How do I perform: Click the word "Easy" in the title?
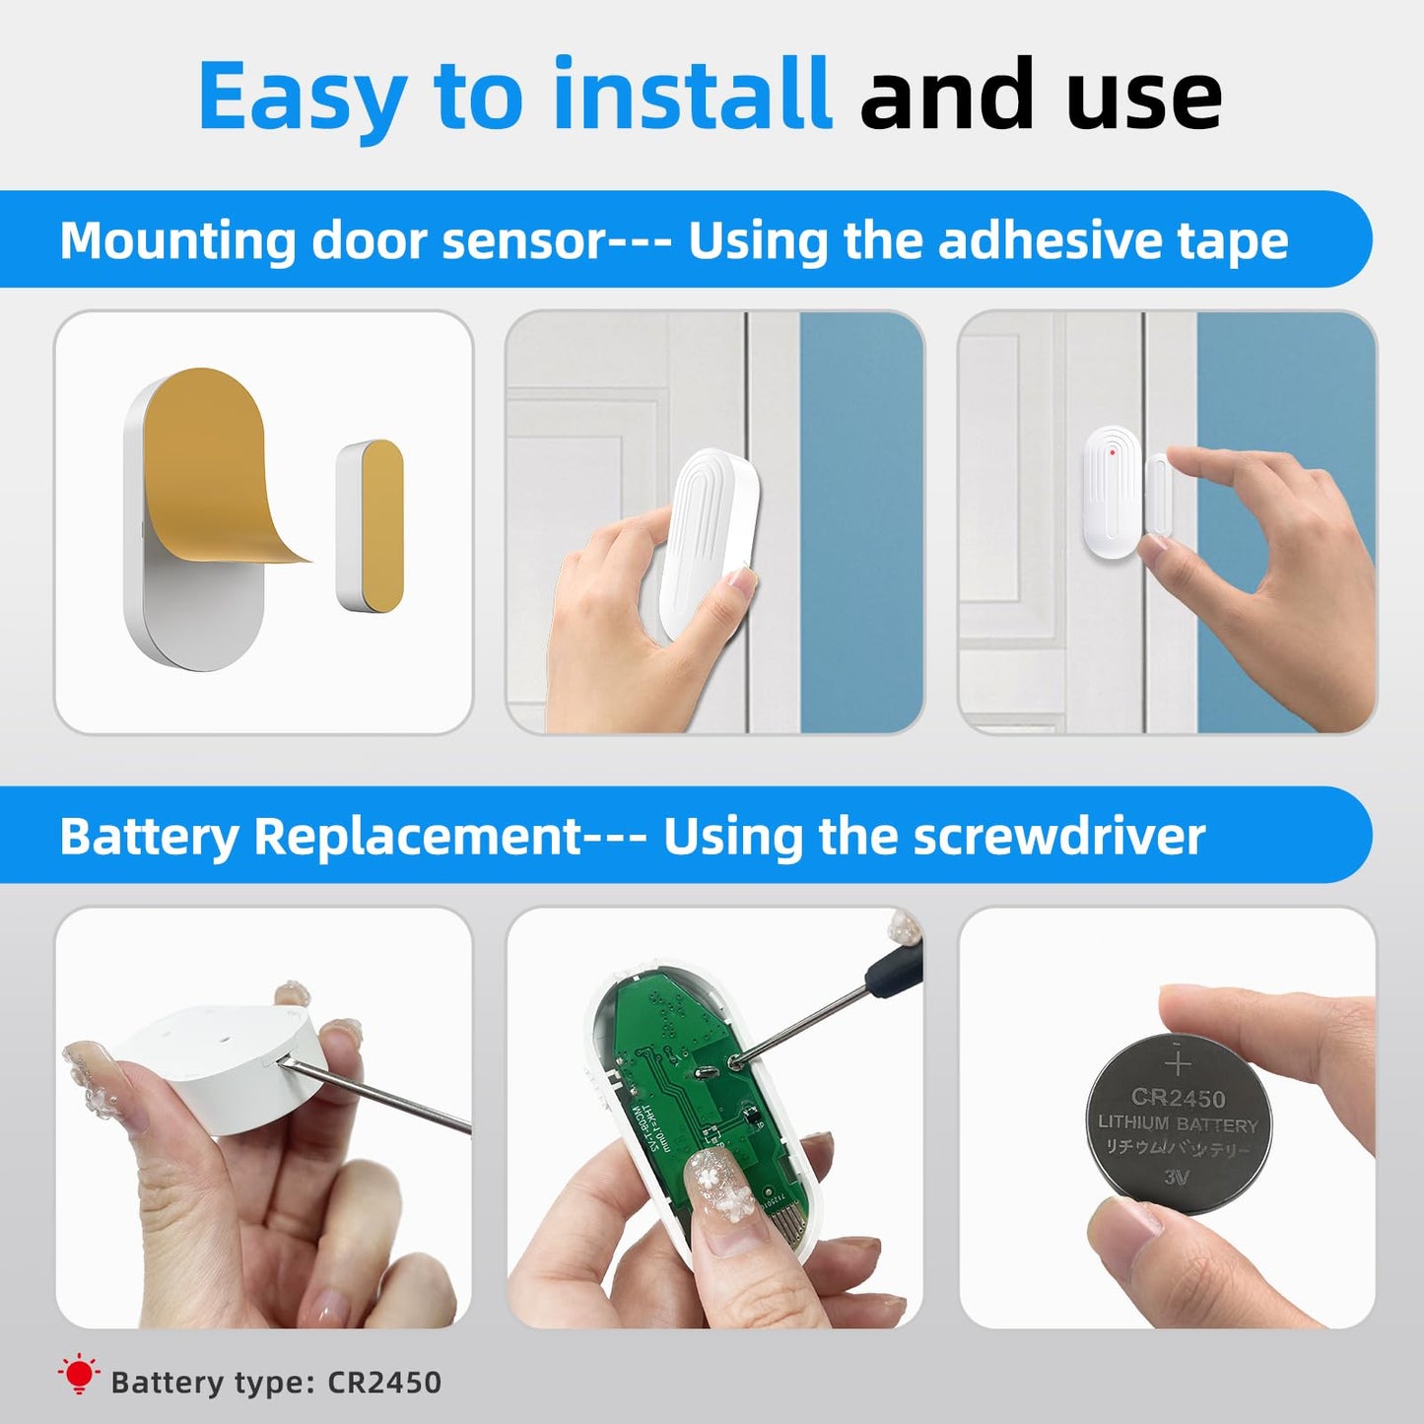[303, 97]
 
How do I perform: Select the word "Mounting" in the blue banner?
[177, 240]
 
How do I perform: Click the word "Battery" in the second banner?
[148, 837]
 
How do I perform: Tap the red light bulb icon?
[79, 1374]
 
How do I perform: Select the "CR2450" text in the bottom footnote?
[384, 1383]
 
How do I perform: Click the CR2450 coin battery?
[1178, 1123]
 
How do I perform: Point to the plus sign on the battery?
[1178, 1062]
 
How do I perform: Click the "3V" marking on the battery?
[1177, 1177]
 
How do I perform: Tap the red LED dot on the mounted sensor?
[1112, 452]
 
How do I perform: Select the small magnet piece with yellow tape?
[371, 525]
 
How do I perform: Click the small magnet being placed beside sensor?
[1157, 496]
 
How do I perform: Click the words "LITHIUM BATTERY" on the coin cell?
[1178, 1123]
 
